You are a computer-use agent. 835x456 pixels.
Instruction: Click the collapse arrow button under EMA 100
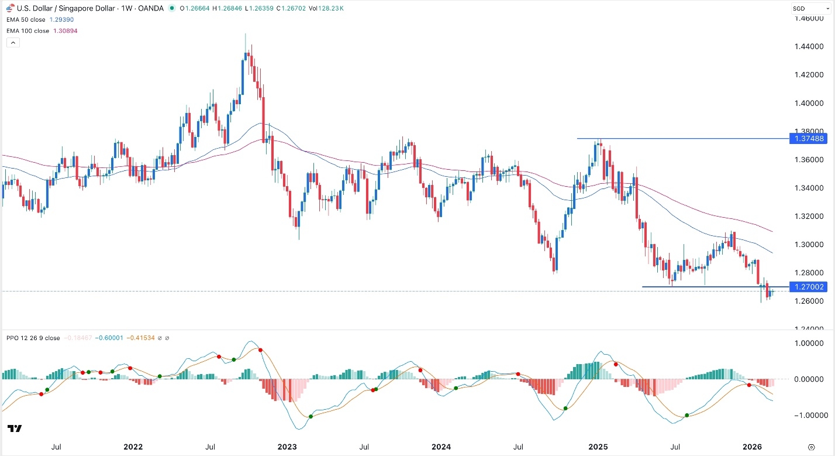click(x=11, y=43)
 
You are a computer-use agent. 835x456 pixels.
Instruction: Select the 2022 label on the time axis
click(x=133, y=447)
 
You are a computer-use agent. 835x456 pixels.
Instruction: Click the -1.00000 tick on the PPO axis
click(x=807, y=415)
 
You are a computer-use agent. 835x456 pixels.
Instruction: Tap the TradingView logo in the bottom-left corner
click(x=15, y=429)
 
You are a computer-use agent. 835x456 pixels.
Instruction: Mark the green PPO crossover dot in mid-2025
click(x=687, y=415)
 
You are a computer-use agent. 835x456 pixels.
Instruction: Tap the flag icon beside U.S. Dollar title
click(x=10, y=8)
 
